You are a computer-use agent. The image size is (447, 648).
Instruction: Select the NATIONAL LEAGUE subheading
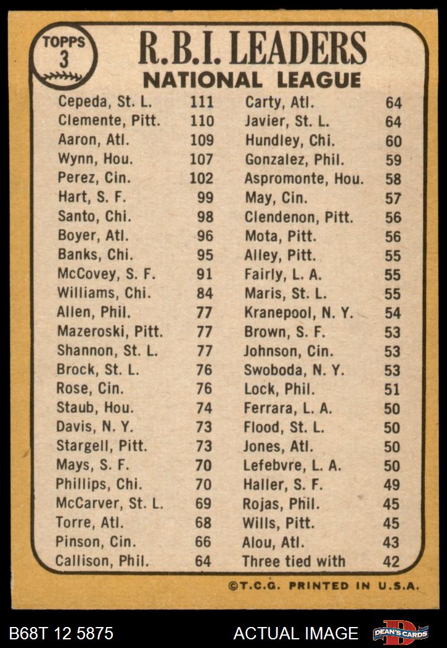coord(252,80)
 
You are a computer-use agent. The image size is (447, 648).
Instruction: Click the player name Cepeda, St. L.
coord(105,102)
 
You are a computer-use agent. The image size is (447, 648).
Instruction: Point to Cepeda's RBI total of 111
coord(202,102)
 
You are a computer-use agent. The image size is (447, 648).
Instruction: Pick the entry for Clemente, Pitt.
coord(109,121)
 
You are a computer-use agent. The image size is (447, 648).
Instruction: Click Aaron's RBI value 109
coord(202,140)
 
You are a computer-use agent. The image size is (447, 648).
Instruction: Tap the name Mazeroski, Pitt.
coord(110,331)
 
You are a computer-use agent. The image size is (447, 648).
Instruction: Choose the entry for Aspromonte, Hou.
coord(304,179)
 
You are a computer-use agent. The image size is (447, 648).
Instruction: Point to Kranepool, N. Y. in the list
coord(298,313)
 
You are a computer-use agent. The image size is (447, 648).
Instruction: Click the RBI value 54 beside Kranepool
coord(392,313)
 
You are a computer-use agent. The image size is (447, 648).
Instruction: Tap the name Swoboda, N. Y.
coord(294,370)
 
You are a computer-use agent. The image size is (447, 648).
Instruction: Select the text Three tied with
coord(293,561)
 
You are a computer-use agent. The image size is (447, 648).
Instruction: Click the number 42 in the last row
coord(392,562)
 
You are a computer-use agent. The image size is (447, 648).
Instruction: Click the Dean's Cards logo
coord(400,633)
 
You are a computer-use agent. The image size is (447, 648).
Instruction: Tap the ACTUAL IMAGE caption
coord(296,633)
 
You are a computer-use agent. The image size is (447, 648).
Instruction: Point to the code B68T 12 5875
coord(61,633)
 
